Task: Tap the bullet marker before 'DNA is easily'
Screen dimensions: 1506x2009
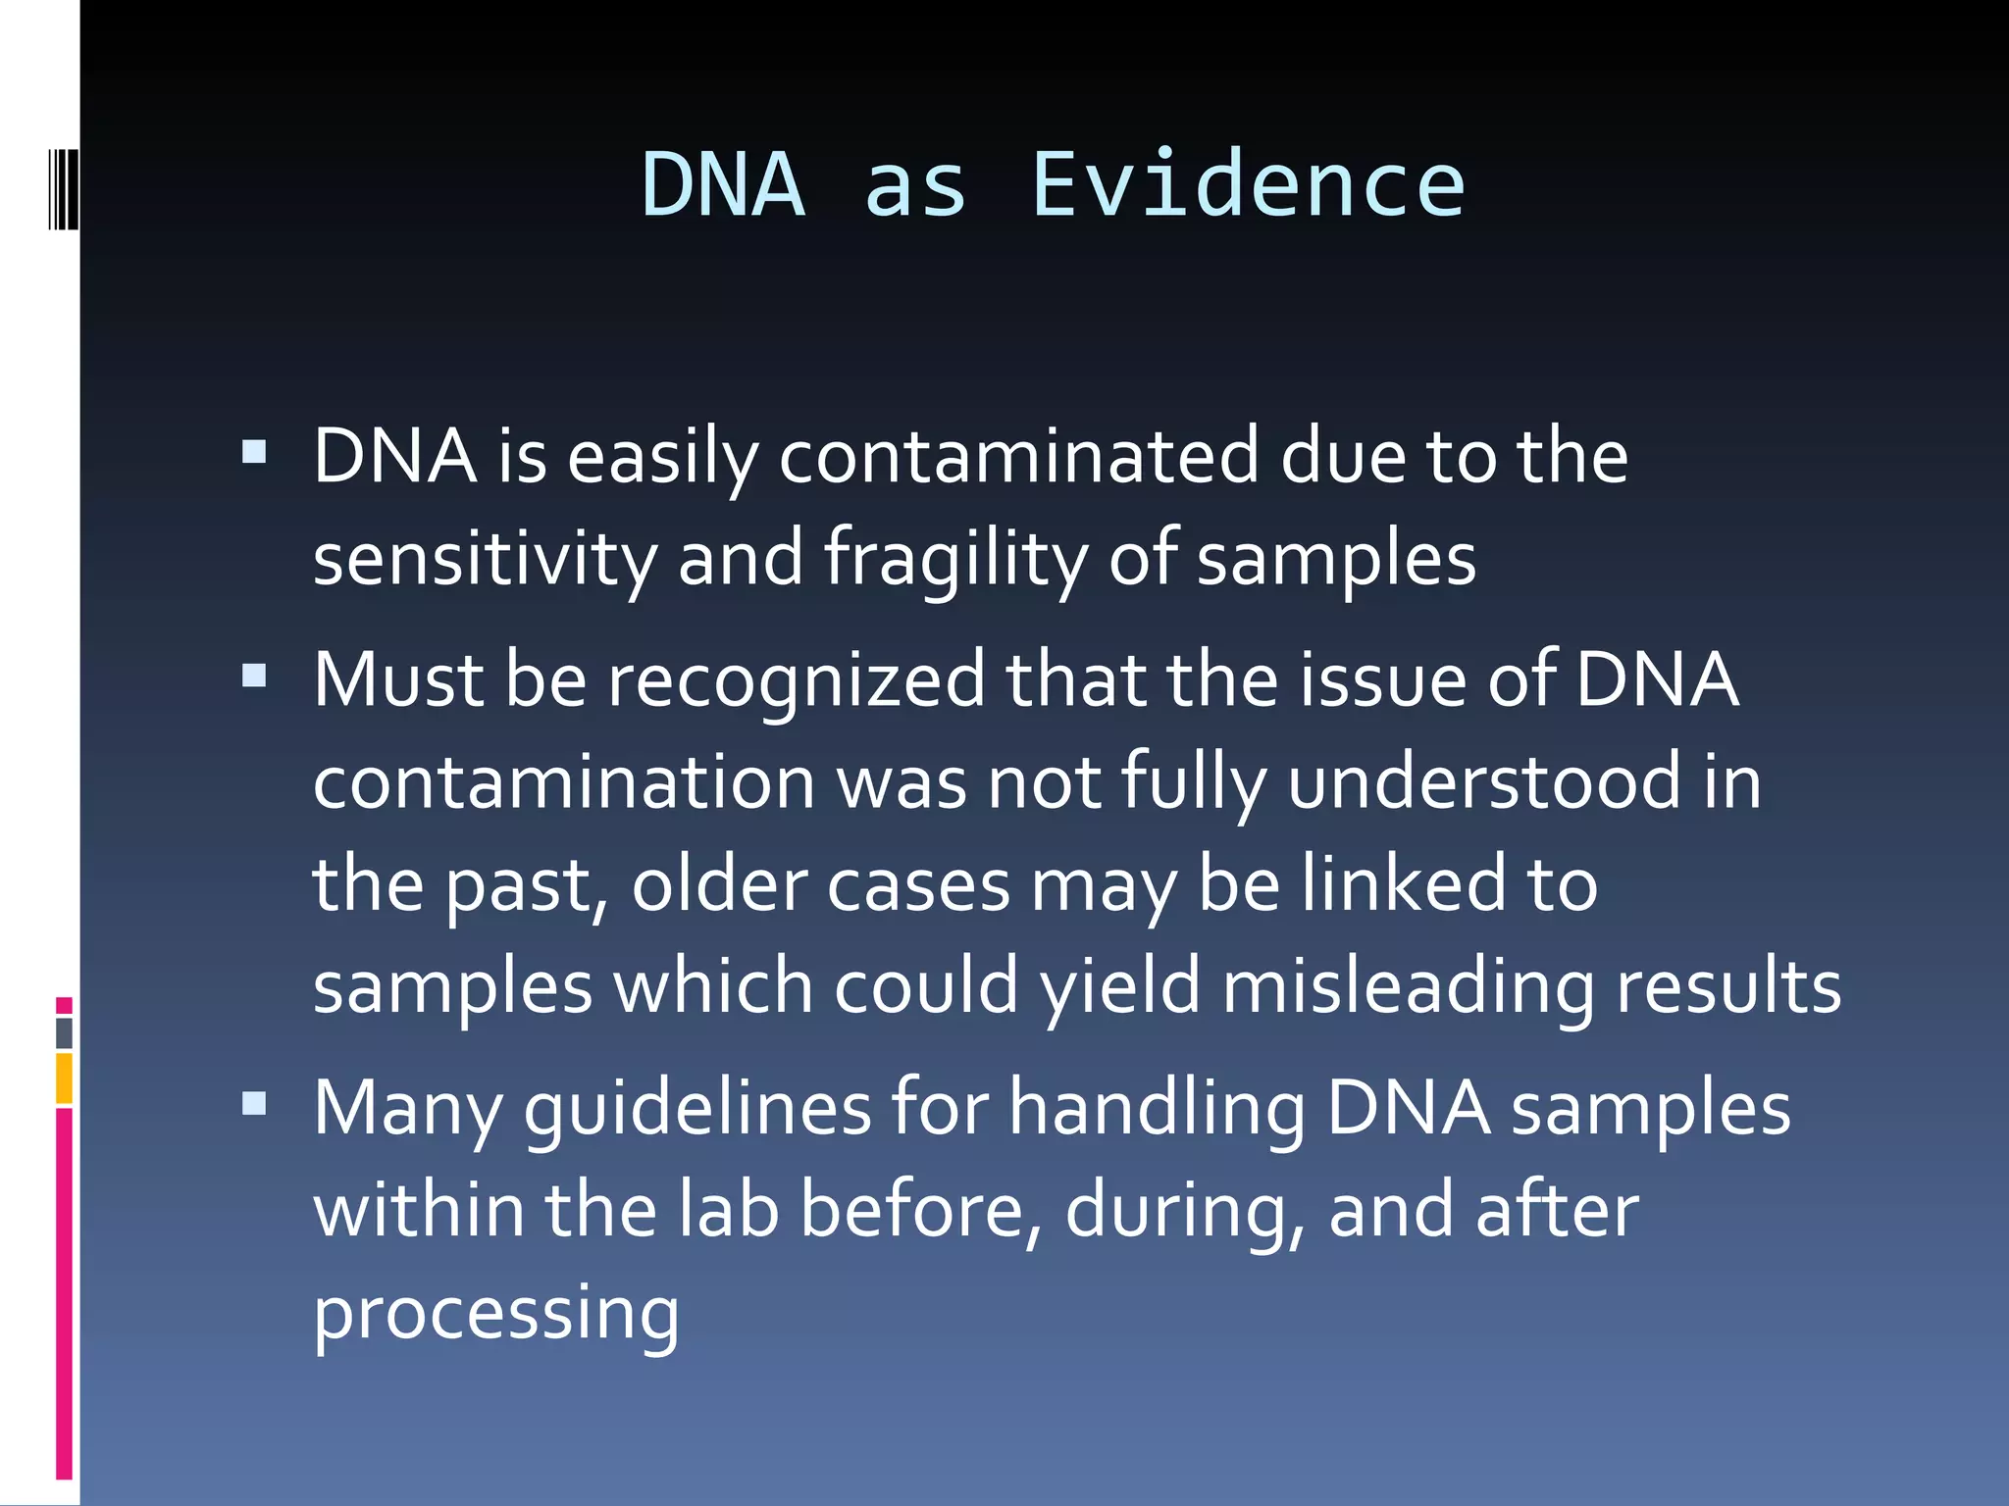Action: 254,452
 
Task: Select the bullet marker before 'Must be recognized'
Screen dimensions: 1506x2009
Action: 254,676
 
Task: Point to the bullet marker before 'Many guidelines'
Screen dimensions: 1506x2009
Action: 254,1104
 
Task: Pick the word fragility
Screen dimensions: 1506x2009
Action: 954,559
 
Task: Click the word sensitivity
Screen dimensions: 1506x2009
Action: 485,559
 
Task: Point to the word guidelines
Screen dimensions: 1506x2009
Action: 697,1109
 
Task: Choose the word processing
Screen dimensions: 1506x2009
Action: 495,1314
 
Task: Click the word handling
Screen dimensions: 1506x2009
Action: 1158,1109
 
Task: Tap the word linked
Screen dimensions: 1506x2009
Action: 1403,883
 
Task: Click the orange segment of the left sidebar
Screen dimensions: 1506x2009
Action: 64,1079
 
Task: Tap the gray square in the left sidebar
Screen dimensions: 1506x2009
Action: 64,1032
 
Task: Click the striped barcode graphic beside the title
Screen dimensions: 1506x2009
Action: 63,189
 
